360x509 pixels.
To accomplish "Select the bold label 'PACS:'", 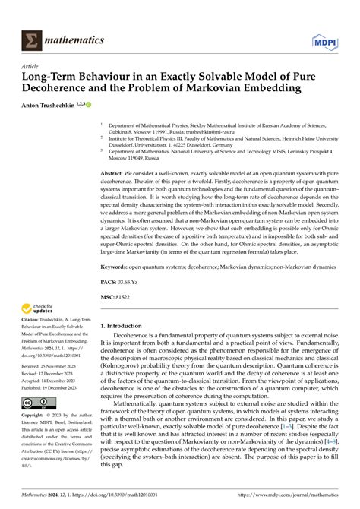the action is click(x=109, y=281).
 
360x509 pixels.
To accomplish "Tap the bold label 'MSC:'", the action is click(x=109, y=296).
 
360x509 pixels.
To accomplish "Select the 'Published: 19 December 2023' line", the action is click(x=48, y=388).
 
